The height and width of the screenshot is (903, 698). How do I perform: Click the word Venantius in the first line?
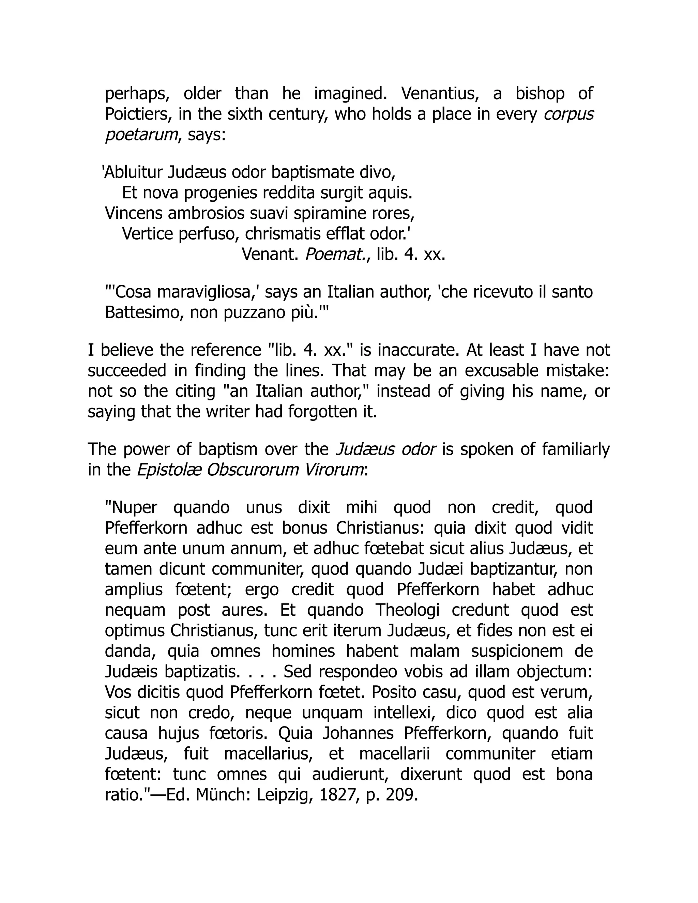pyautogui.click(x=440, y=94)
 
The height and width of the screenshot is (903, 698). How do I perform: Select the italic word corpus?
pyautogui.click(x=568, y=114)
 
